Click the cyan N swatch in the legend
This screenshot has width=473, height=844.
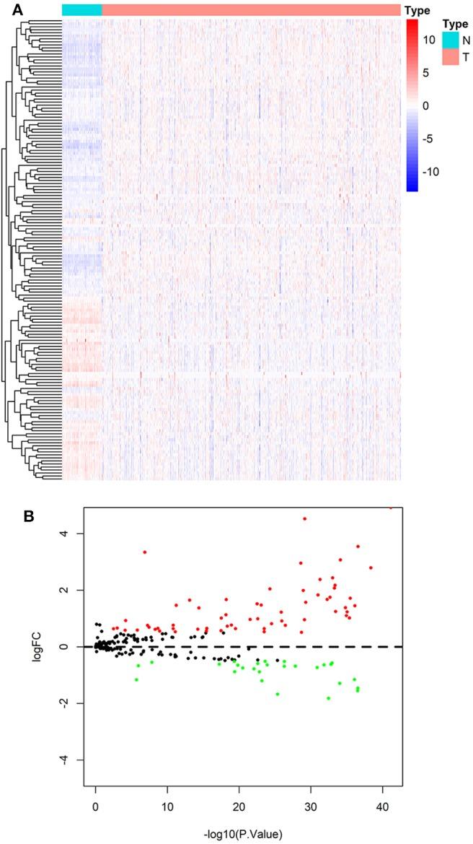coord(450,40)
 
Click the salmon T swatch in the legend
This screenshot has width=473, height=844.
coord(450,56)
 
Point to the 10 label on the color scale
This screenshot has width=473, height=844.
coord(428,40)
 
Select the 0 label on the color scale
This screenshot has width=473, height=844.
coord(425,106)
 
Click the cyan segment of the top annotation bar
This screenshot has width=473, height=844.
coord(81,9)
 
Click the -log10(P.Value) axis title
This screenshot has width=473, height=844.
coord(239,833)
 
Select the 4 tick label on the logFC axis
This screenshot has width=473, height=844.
coord(74,534)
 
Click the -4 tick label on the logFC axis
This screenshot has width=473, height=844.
coord(71,760)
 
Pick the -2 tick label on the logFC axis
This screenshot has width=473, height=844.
coord(71,703)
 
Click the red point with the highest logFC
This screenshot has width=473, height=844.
coord(391,508)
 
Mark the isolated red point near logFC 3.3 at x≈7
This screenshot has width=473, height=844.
coord(145,552)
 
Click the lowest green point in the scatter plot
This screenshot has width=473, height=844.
coord(328,698)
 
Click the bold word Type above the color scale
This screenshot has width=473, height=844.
coord(416,10)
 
